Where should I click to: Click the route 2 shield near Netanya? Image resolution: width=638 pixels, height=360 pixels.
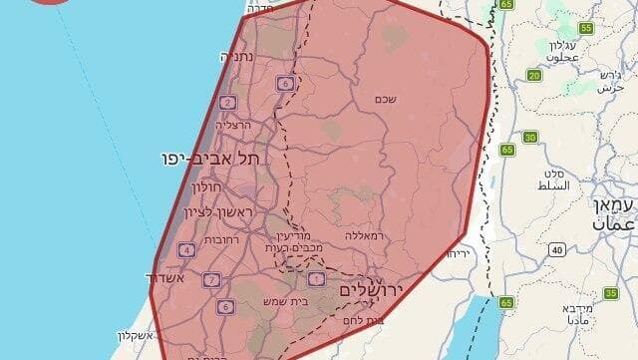click(228, 103)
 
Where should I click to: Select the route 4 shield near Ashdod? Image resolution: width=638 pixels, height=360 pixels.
click(186, 250)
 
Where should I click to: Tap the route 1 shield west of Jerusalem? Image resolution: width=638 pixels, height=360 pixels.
click(317, 278)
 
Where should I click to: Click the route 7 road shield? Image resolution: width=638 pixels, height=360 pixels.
click(210, 279)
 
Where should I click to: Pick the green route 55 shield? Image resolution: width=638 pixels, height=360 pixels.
click(586, 28)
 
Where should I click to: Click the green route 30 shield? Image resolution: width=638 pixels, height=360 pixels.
click(529, 137)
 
